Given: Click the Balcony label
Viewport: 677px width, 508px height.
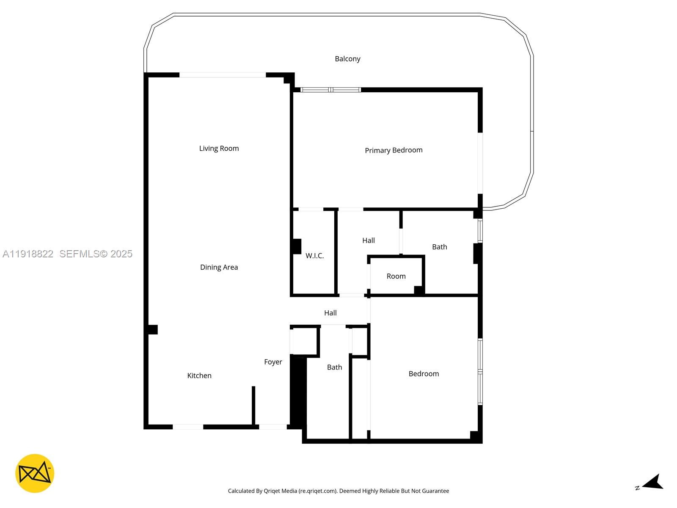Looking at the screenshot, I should tap(347, 59).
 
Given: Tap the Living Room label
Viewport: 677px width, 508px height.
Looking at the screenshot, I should tap(219, 148).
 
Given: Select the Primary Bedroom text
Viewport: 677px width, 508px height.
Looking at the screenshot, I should tap(394, 150).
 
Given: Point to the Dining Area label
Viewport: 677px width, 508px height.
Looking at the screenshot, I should tap(219, 267).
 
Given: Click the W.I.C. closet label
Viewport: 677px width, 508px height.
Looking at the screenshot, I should tap(314, 256).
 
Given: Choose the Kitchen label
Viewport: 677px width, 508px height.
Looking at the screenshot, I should tap(199, 375).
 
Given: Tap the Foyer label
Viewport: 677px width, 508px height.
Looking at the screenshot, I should tap(273, 362).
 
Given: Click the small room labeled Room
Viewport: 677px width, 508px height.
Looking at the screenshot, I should tap(396, 276).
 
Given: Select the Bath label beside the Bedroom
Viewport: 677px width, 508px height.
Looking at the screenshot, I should tap(334, 367).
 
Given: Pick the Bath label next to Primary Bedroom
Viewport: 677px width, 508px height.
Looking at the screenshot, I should tap(439, 247).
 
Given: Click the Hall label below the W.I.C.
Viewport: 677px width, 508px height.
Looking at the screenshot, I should tap(330, 313).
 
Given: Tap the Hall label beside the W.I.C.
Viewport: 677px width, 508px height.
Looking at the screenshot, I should tap(368, 240).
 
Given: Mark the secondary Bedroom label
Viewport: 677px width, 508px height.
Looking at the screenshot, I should tap(424, 373).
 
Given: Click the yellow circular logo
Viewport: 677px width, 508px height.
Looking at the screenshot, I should tap(35, 473).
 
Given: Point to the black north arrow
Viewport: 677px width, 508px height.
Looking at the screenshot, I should tap(654, 483).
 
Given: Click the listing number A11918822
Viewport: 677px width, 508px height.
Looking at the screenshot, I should tap(28, 254).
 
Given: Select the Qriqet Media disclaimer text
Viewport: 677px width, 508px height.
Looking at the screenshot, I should tap(338, 491).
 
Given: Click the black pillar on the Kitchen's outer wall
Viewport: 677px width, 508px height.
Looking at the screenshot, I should tap(152, 329).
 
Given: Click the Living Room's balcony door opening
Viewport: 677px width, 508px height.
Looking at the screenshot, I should tap(223, 75).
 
